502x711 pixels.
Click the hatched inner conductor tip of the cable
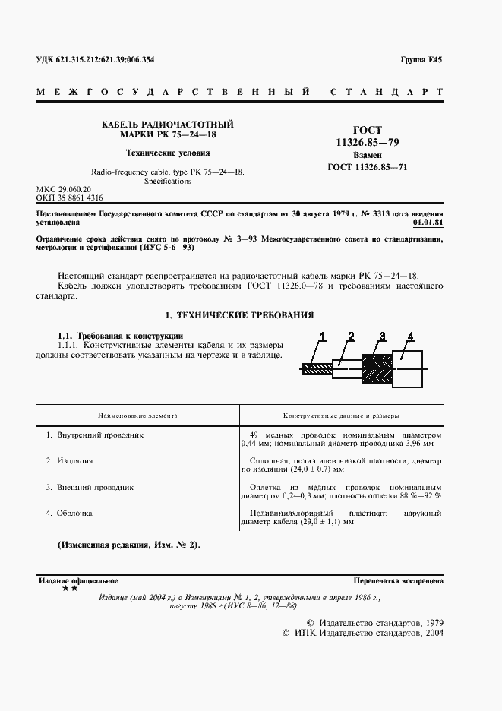314,369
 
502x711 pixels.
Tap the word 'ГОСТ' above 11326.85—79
368,131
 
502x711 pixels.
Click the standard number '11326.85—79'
368,143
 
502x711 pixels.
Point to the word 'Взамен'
368,155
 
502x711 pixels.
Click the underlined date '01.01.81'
428,224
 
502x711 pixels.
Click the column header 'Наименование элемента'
137,416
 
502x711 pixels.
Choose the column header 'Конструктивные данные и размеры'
341,416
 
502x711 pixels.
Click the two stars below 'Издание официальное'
69,589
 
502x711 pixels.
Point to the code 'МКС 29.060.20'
64,188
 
